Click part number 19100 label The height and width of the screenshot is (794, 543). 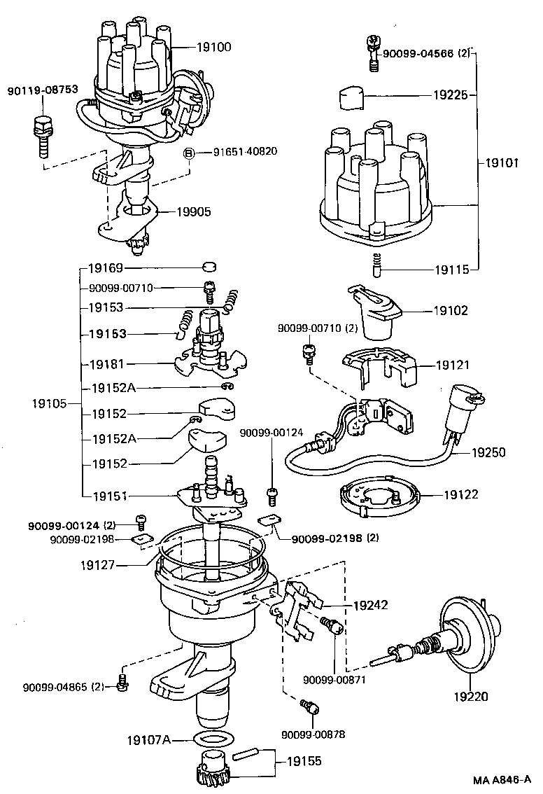[213, 48]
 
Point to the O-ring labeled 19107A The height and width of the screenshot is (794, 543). [212, 739]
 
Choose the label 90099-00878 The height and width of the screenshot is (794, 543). [313, 734]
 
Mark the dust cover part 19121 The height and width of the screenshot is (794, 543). [377, 367]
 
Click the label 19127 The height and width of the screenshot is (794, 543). [98, 564]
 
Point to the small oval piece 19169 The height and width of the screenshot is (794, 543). [208, 267]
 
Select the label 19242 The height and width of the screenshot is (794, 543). [370, 604]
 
